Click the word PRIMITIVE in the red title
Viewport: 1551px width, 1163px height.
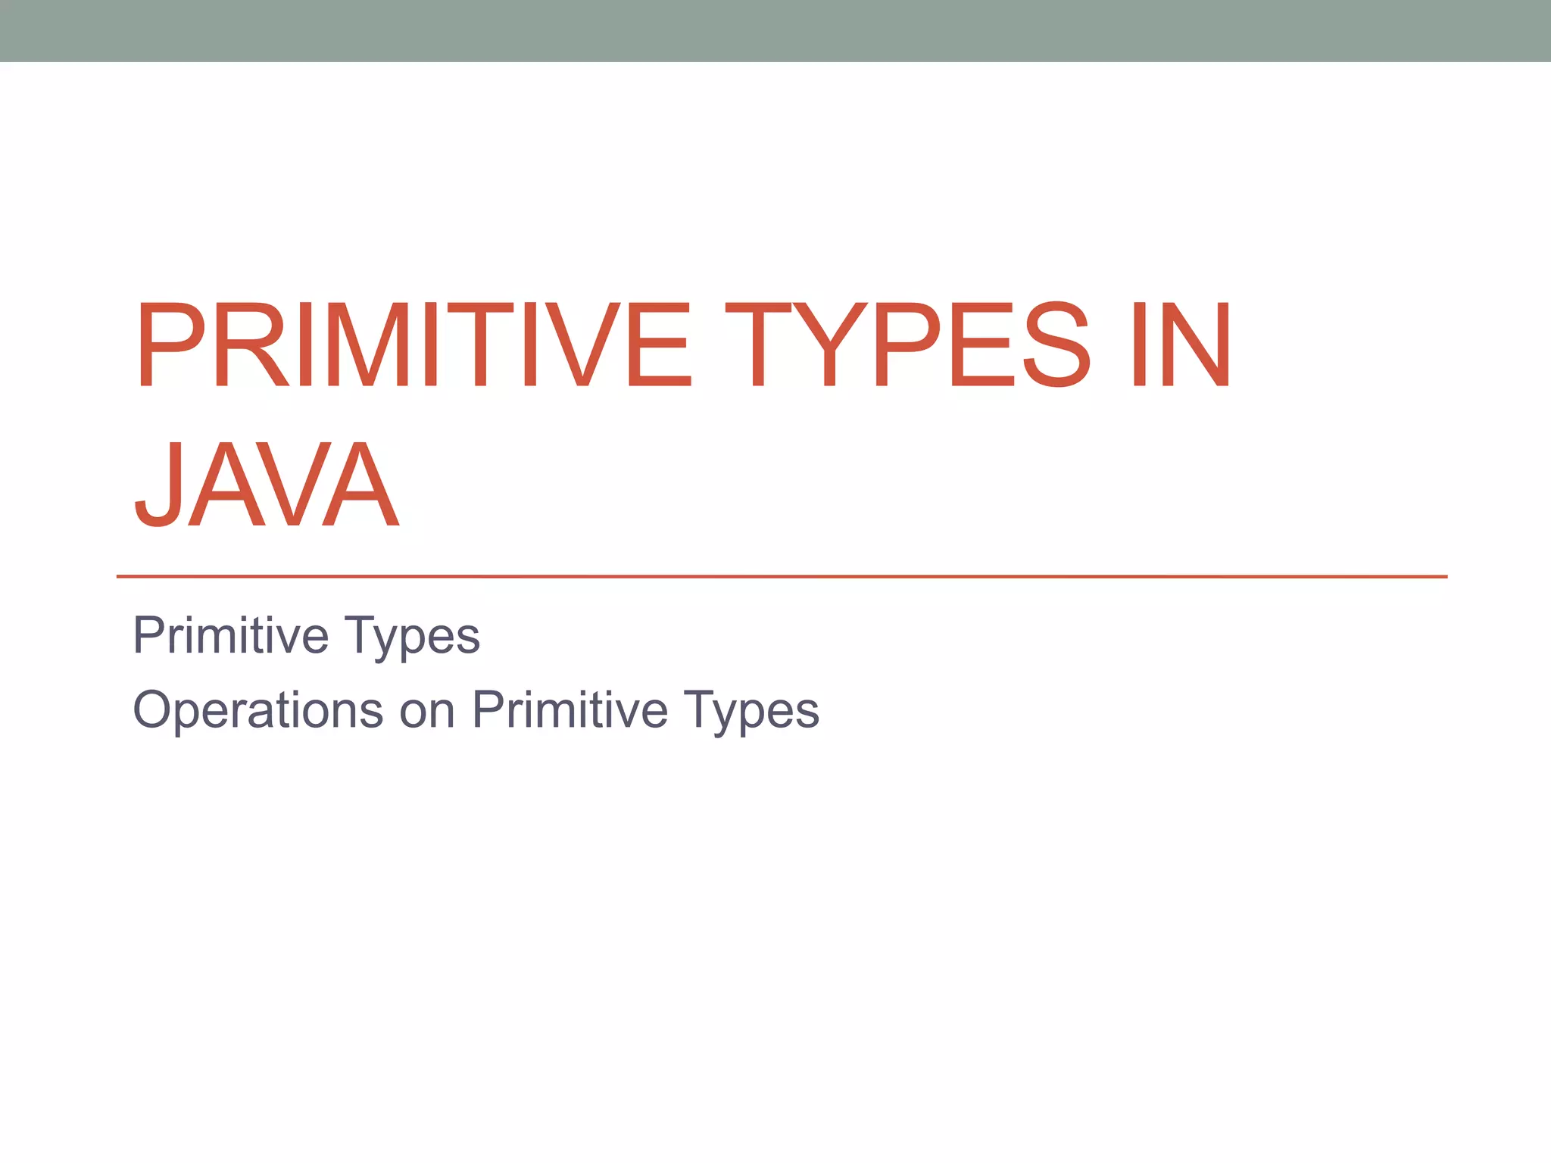click(413, 345)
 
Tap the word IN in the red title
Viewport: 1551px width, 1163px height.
click(1181, 345)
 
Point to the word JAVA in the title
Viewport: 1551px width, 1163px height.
click(267, 485)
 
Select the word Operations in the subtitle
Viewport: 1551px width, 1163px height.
click(258, 710)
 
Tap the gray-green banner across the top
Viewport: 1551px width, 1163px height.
click(775, 30)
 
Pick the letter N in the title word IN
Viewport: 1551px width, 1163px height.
click(1196, 345)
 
